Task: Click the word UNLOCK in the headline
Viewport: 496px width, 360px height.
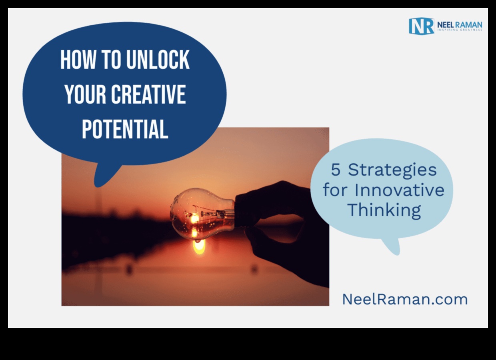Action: (158, 60)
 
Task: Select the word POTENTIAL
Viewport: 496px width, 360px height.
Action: (125, 129)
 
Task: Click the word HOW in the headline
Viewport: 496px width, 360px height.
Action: (78, 60)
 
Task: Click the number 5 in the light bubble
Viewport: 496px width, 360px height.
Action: (335, 170)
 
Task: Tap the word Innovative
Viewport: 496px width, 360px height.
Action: (399, 190)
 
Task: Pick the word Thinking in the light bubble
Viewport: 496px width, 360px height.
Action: (384, 211)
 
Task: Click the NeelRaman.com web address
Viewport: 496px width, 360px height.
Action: (405, 299)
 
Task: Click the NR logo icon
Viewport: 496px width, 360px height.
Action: (421, 26)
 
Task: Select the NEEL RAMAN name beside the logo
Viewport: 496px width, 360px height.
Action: (460, 25)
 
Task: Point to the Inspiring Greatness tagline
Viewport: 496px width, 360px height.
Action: (460, 30)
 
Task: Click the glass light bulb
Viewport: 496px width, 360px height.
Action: (202, 214)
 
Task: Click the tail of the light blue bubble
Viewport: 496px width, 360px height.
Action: (392, 246)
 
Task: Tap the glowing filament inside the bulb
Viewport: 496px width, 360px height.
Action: (195, 219)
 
